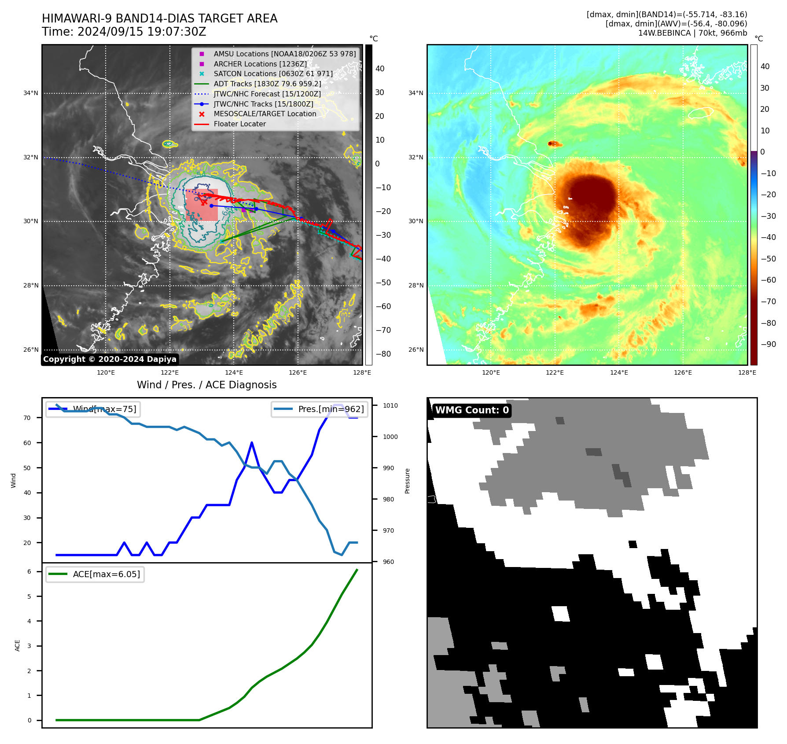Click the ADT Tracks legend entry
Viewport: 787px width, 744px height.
(267, 84)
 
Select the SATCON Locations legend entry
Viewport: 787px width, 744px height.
(273, 74)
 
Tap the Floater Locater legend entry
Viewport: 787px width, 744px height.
(239, 124)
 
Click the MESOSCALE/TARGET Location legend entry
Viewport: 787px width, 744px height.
(265, 114)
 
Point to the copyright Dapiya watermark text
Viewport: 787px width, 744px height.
(110, 359)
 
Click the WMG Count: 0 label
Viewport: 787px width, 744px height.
(472, 410)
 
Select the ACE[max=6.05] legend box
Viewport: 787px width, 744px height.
(95, 574)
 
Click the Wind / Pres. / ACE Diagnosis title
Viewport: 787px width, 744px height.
(206, 385)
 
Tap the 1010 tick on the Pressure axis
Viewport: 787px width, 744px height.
(390, 405)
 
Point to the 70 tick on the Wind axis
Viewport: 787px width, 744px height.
(27, 418)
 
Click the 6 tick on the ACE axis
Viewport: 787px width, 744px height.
(29, 571)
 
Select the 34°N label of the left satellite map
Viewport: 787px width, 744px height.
(31, 93)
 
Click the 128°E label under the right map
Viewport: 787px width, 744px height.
(747, 372)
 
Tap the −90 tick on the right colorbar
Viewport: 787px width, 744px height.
(769, 344)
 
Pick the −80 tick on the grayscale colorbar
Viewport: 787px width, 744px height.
(383, 354)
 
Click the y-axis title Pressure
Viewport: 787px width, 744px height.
(407, 481)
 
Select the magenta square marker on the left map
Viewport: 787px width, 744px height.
(243, 210)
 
